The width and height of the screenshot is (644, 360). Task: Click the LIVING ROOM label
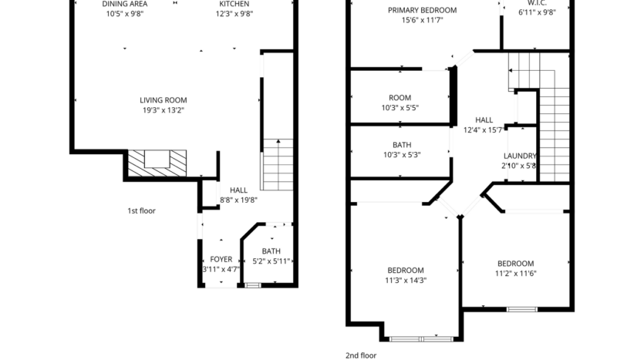pyautogui.click(x=163, y=99)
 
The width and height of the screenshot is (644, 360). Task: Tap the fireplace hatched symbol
pyautogui.click(x=157, y=160)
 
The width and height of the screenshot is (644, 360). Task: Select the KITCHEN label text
pyautogui.click(x=234, y=4)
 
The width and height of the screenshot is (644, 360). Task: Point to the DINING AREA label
pyautogui.click(x=125, y=4)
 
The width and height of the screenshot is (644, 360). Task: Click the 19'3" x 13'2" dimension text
pyautogui.click(x=163, y=110)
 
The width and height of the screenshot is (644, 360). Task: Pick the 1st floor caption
pyautogui.click(x=141, y=210)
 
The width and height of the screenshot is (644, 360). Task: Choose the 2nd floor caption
pyautogui.click(x=360, y=355)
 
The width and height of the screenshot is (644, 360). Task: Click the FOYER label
pyautogui.click(x=221, y=259)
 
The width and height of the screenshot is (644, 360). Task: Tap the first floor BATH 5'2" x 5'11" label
pyautogui.click(x=271, y=256)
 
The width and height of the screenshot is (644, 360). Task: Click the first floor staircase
pyautogui.click(x=278, y=165)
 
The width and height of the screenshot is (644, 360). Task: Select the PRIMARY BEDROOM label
pyautogui.click(x=422, y=10)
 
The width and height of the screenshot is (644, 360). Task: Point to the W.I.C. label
pyautogui.click(x=537, y=4)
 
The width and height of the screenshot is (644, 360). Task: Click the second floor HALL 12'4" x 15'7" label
pyautogui.click(x=484, y=125)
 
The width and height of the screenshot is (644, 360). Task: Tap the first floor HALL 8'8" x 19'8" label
pyautogui.click(x=238, y=194)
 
